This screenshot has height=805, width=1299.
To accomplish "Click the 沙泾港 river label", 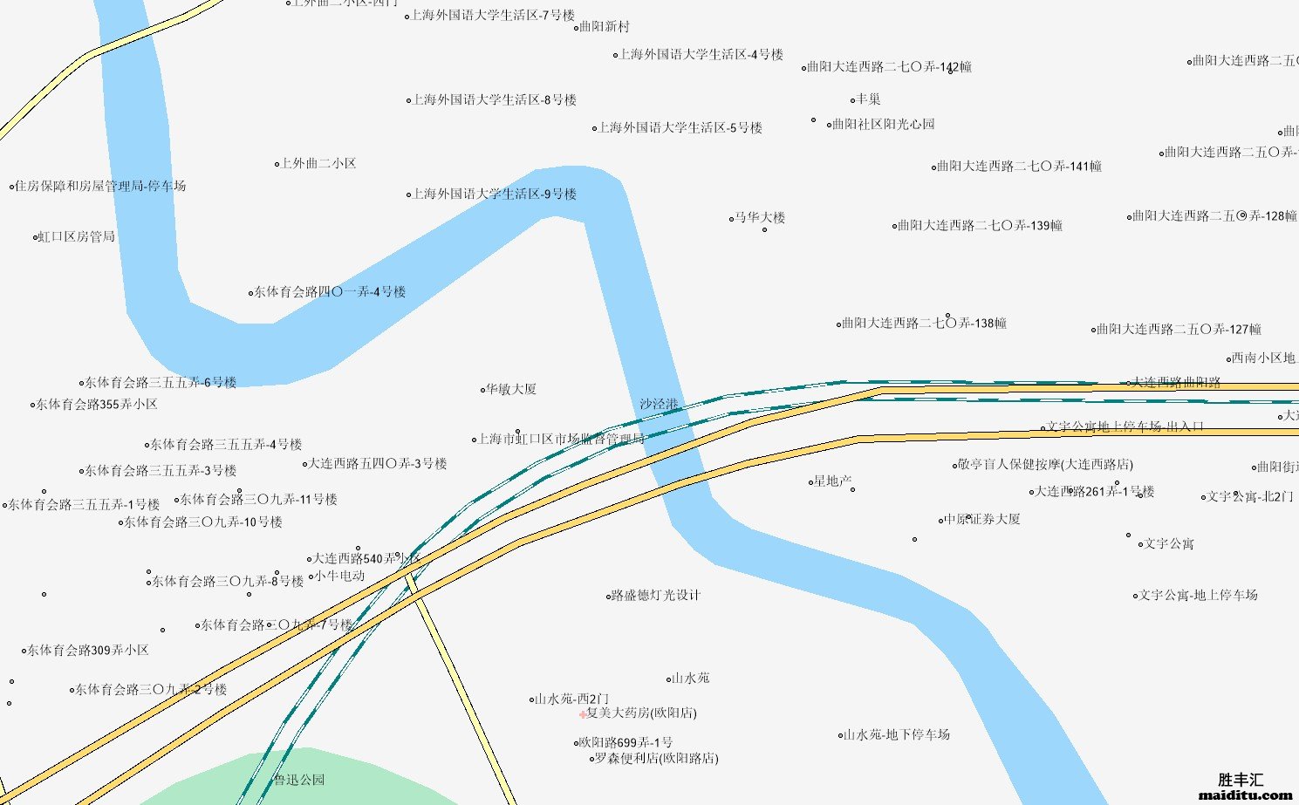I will (x=659, y=404).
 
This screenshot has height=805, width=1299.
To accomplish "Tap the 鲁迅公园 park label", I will (x=299, y=780).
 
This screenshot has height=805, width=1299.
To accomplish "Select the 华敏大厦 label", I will (x=511, y=389).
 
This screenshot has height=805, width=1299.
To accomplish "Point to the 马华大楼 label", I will (x=760, y=217).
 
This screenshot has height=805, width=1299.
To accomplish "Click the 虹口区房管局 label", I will (x=77, y=236).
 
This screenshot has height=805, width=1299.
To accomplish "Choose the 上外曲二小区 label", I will (x=318, y=163).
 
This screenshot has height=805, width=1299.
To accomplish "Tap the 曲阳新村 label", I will (x=605, y=27).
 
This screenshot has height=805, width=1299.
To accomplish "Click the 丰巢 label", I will (x=868, y=99).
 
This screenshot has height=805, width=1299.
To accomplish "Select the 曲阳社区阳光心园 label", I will (x=883, y=124).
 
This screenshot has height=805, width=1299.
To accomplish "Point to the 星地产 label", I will (x=833, y=481).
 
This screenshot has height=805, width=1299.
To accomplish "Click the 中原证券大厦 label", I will (x=982, y=519).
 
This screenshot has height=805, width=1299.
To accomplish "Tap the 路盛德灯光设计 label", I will (x=656, y=596).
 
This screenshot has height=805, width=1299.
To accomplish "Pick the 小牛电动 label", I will (x=340, y=576).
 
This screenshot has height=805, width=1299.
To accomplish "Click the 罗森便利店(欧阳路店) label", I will (x=656, y=758).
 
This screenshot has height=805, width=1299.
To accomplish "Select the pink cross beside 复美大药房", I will (x=583, y=714).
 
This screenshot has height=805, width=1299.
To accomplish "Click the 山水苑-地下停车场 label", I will (x=896, y=734).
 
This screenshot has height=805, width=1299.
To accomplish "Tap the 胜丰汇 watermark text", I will (x=1241, y=780).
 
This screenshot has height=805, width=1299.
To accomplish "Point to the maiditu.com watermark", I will (x=1246, y=795).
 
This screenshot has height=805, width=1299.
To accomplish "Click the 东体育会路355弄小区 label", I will (x=97, y=404).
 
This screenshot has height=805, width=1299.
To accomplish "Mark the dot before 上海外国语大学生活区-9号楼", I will (x=408, y=194).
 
